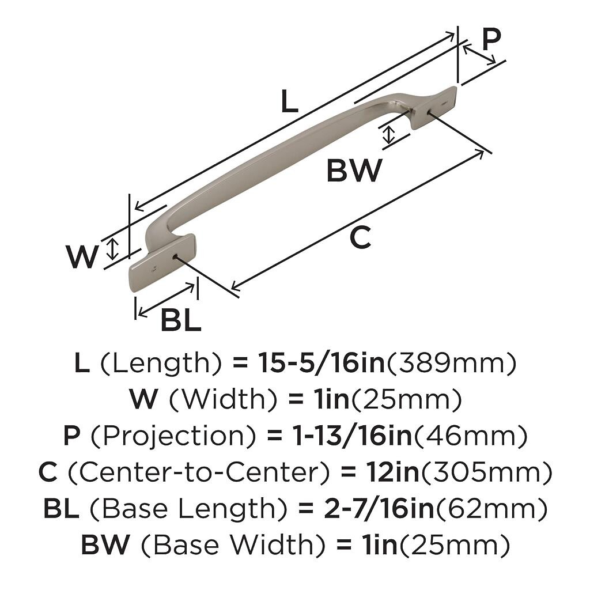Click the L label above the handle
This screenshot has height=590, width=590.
pyautogui.click(x=289, y=103)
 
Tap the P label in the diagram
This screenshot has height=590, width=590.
pyautogui.click(x=491, y=40)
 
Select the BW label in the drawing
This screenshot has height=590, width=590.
pyautogui.click(x=354, y=171)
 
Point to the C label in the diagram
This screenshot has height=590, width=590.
pyautogui.click(x=360, y=238)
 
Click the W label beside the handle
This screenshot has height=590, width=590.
pyautogui.click(x=82, y=258)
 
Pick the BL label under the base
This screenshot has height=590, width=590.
pyautogui.click(x=180, y=320)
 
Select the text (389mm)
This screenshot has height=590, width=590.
pyautogui.click(x=450, y=363)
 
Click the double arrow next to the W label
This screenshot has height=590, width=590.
pyautogui.click(x=114, y=248)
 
